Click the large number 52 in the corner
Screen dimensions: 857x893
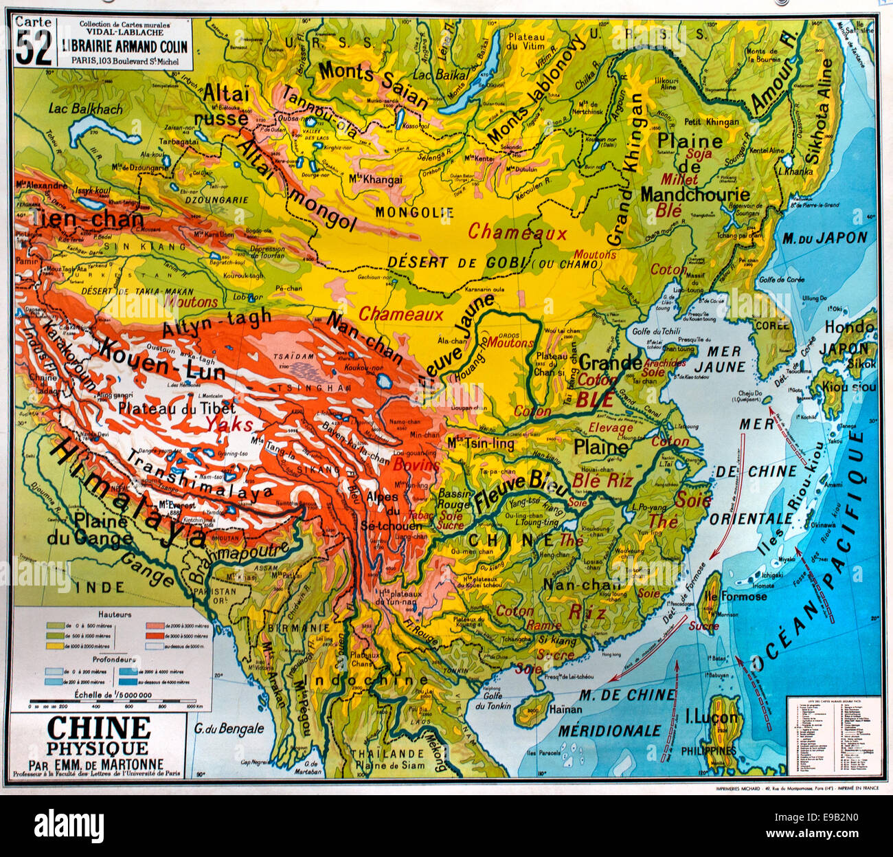[34, 49]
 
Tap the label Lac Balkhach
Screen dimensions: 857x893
[86, 109]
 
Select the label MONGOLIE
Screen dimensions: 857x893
[414, 212]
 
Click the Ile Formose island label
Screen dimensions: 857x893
[735, 596]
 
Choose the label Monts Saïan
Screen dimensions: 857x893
[374, 85]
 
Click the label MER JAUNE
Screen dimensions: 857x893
[721, 359]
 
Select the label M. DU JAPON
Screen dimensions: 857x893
[824, 238]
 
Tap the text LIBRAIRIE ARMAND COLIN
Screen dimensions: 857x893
[124, 47]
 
